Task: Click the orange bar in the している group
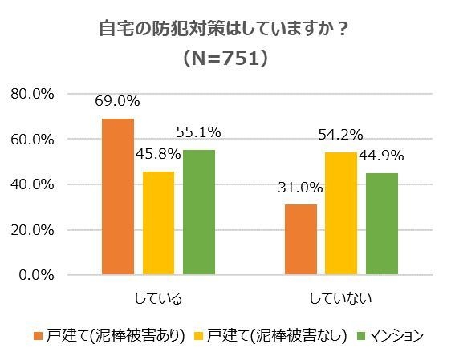118,196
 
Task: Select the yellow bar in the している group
158,223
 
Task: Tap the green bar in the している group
198,212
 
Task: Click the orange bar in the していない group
300,240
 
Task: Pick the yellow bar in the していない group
341,213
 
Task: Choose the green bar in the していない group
381,224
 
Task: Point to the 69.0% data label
118,101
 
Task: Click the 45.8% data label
158,155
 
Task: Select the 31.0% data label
301,188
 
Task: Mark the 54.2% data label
341,135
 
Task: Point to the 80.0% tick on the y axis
33,94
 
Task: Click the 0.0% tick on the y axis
36,275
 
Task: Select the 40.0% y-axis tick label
33,184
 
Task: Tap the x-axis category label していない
340,298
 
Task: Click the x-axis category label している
158,298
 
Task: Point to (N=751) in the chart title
225,59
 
